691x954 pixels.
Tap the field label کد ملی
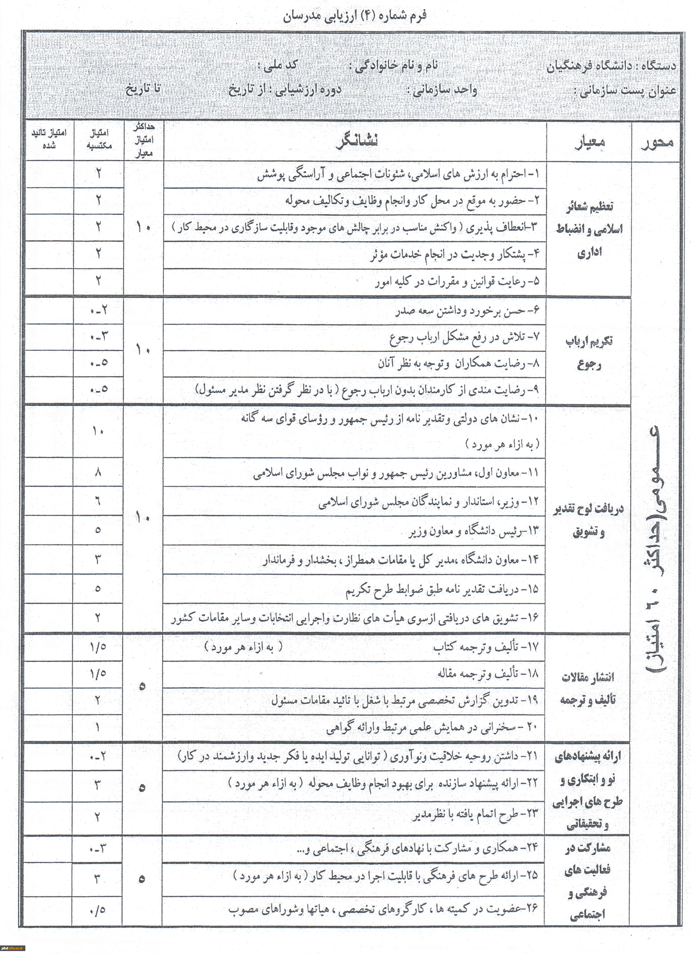(x=278, y=66)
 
